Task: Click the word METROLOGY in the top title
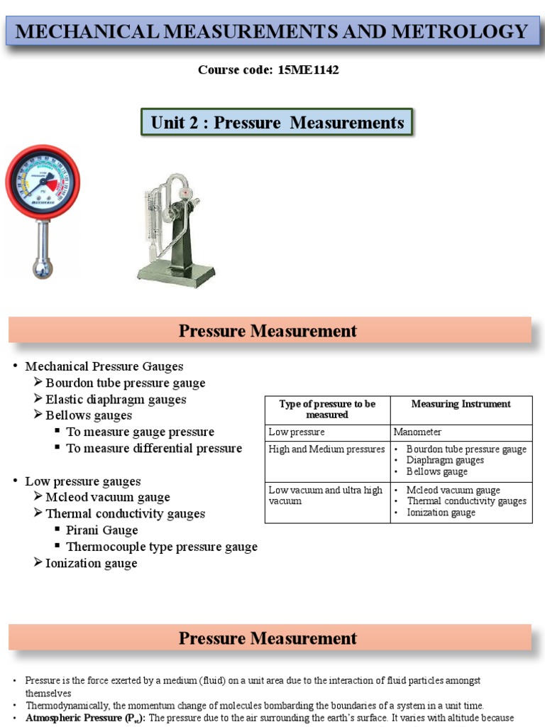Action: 467,32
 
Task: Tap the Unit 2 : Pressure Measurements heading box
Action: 277,123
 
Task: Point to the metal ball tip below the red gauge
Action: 43,268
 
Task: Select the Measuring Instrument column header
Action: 461,404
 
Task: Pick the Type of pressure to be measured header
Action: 327,409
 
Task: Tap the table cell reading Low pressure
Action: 297,432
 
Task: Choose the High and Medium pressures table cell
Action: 326,449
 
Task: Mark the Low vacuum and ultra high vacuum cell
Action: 326,496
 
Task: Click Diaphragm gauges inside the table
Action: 445,460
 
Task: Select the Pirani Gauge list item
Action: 101,530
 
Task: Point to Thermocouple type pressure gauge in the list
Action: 161,547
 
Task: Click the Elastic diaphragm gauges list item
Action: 116,400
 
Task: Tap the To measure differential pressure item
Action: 153,449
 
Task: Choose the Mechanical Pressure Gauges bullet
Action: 104,366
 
